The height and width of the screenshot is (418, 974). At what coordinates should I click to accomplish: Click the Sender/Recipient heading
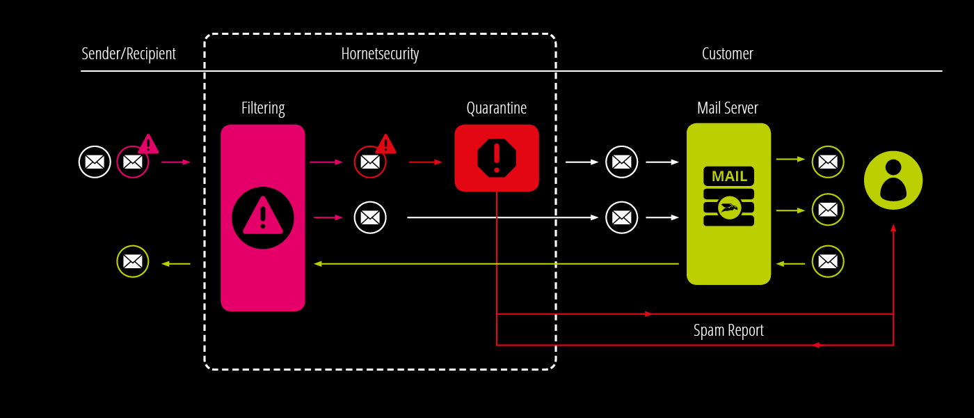click(x=129, y=54)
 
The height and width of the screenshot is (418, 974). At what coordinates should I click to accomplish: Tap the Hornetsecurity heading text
click(x=380, y=54)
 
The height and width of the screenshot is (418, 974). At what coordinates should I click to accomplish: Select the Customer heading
click(x=727, y=54)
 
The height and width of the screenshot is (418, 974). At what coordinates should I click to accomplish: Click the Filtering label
click(x=263, y=108)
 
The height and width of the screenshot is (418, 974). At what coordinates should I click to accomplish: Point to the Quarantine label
click(x=496, y=108)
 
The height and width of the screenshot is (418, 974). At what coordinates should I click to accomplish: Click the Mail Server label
click(x=728, y=108)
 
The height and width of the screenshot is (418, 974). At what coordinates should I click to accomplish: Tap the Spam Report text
click(x=728, y=330)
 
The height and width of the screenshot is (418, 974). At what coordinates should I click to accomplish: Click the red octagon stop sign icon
click(x=497, y=157)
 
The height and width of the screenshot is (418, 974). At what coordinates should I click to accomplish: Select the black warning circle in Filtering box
click(x=263, y=217)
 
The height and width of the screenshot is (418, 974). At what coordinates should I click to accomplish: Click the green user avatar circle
click(x=893, y=180)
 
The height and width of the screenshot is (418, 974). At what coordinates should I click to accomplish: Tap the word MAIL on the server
click(x=729, y=176)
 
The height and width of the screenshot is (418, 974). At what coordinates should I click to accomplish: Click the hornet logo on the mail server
click(x=729, y=207)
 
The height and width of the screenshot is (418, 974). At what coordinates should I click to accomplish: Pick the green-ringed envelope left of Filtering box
click(x=133, y=261)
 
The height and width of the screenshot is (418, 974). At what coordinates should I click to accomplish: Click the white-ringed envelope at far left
click(x=95, y=162)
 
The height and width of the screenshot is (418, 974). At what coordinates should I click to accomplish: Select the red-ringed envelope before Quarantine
click(x=370, y=162)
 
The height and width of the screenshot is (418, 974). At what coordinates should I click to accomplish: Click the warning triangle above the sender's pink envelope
click(x=148, y=144)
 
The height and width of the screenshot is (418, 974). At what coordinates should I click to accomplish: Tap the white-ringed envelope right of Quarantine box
click(x=621, y=162)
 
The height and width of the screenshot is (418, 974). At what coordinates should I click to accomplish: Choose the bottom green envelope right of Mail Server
click(x=828, y=261)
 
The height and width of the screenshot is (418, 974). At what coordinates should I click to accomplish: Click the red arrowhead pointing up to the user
click(x=893, y=228)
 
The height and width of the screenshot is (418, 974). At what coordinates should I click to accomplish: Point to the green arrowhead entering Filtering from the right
click(x=318, y=264)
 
